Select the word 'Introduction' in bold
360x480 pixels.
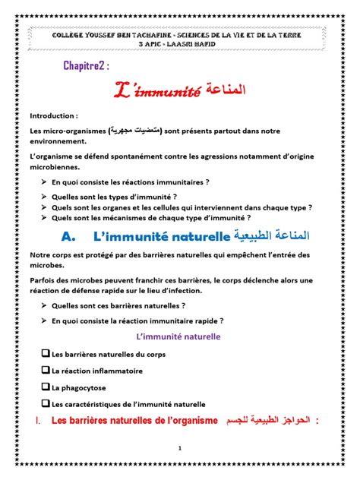pos(52,116)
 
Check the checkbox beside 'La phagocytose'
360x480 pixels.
pos(46,387)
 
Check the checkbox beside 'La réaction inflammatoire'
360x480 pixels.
pos(46,370)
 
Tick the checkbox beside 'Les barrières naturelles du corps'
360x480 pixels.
pos(46,353)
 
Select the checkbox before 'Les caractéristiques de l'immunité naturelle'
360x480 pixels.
pos(46,403)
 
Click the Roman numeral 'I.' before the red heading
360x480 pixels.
pos(37,420)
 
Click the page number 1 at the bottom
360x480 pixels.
pos(179,448)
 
